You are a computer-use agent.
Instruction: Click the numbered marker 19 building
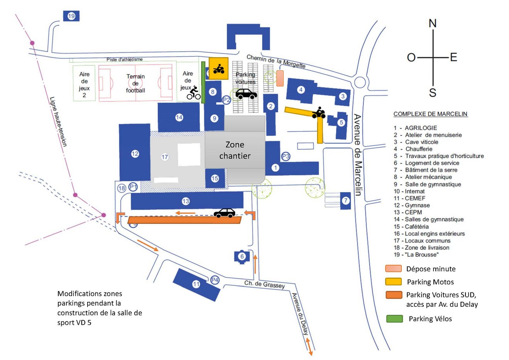(71, 16)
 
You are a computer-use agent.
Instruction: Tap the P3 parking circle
(285, 156)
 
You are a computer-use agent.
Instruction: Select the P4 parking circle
(215, 280)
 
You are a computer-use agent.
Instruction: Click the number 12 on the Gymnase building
(135, 154)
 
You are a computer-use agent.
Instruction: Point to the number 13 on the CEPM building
(186, 201)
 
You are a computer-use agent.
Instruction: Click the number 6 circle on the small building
(242, 256)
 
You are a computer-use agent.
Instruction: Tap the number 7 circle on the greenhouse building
(346, 201)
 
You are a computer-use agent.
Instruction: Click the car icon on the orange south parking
(224, 213)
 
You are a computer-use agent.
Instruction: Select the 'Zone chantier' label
(235, 150)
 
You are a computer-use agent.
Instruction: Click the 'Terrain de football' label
(135, 83)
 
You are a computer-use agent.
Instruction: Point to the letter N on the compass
(433, 24)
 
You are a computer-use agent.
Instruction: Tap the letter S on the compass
(433, 93)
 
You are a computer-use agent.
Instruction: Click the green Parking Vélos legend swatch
(394, 319)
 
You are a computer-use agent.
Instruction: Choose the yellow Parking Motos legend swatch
(393, 282)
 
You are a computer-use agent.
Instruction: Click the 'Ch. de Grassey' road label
(265, 285)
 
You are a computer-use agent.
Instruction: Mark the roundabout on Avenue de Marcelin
(360, 82)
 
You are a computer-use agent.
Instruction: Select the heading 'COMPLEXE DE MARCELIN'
(430, 114)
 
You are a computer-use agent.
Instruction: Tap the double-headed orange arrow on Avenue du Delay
(309, 346)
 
